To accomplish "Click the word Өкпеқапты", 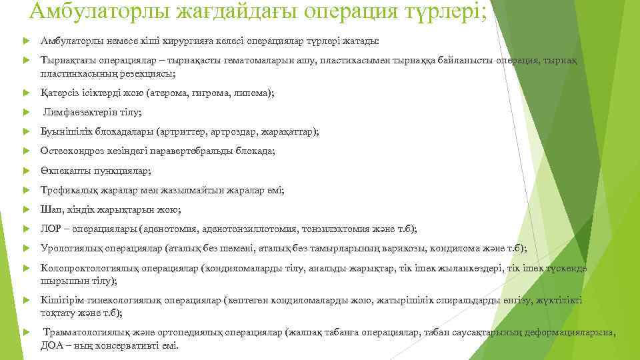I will tap(64, 171).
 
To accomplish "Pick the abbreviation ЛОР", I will tap(51, 229).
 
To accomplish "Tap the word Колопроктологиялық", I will tap(85, 268).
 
